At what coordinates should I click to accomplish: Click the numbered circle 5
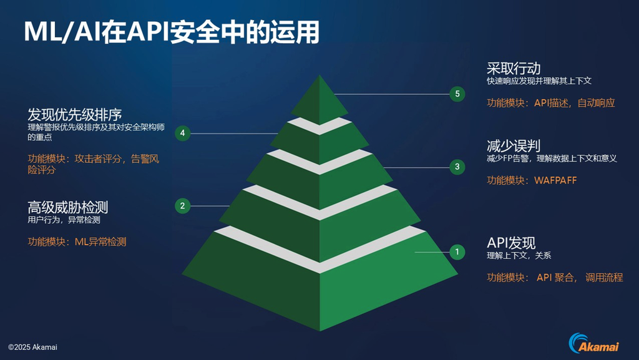457,94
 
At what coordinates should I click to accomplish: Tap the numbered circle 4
183,133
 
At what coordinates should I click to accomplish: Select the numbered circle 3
457,167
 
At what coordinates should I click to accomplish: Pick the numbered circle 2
183,206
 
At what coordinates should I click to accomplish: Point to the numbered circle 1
457,252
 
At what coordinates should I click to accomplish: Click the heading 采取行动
514,68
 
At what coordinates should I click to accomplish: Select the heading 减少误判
514,146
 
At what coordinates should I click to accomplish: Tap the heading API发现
511,243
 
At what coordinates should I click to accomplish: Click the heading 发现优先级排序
75,114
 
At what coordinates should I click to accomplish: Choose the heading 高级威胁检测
67,207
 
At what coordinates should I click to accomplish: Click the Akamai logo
594,343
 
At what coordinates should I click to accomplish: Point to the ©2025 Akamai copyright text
32,348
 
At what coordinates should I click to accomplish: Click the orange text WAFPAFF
555,180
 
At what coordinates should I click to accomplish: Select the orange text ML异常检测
100,242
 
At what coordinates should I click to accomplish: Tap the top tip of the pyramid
319,75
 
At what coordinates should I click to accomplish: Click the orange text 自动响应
596,103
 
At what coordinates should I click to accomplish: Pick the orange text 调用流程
604,278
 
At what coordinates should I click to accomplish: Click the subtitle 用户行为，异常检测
64,220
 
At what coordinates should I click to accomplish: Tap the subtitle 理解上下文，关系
519,256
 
